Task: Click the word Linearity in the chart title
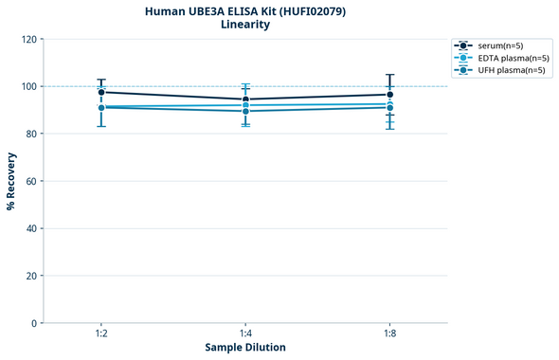tap(245, 25)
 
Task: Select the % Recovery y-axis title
tap(11, 180)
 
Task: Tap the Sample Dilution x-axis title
tap(245, 347)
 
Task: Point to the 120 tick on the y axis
tap(28, 39)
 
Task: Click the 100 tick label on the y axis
tap(28, 86)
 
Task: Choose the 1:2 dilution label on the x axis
tap(100, 333)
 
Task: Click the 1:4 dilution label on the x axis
tap(245, 333)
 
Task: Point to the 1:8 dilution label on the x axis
tap(389, 333)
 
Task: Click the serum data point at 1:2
tap(101, 92)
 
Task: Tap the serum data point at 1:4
tap(245, 99)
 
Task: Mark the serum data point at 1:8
tap(389, 94)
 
